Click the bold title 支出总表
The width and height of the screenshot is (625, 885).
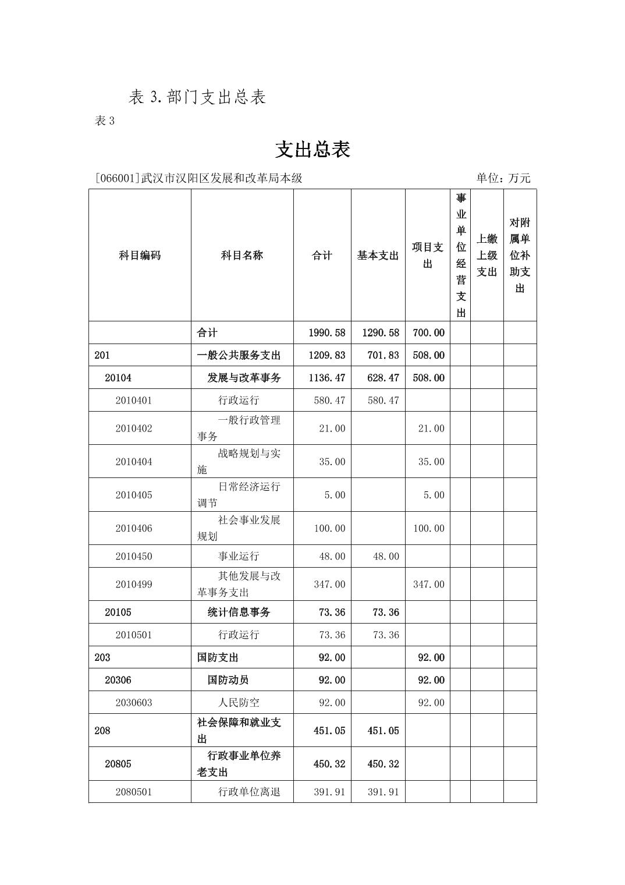[312, 150]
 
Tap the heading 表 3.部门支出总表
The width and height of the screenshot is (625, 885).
[197, 97]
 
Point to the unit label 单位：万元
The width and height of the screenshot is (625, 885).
[503, 178]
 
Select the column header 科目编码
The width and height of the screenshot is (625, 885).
[140, 256]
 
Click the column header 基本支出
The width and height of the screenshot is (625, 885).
[378, 256]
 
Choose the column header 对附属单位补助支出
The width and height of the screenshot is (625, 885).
[520, 256]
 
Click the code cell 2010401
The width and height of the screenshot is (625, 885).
[134, 401]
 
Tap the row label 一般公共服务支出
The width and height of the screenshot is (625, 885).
[239, 355]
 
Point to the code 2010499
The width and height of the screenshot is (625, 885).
[134, 585]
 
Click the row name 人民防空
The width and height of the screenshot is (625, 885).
[239, 703]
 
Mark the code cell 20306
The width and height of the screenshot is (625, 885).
[118, 680]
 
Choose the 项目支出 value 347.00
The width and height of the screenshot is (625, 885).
[428, 585]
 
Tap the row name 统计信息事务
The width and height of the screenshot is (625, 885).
[239, 613]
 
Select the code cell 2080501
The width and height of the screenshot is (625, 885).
[134, 792]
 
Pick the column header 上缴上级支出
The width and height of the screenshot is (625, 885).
[487, 256]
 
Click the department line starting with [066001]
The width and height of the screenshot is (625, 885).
[198, 178]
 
